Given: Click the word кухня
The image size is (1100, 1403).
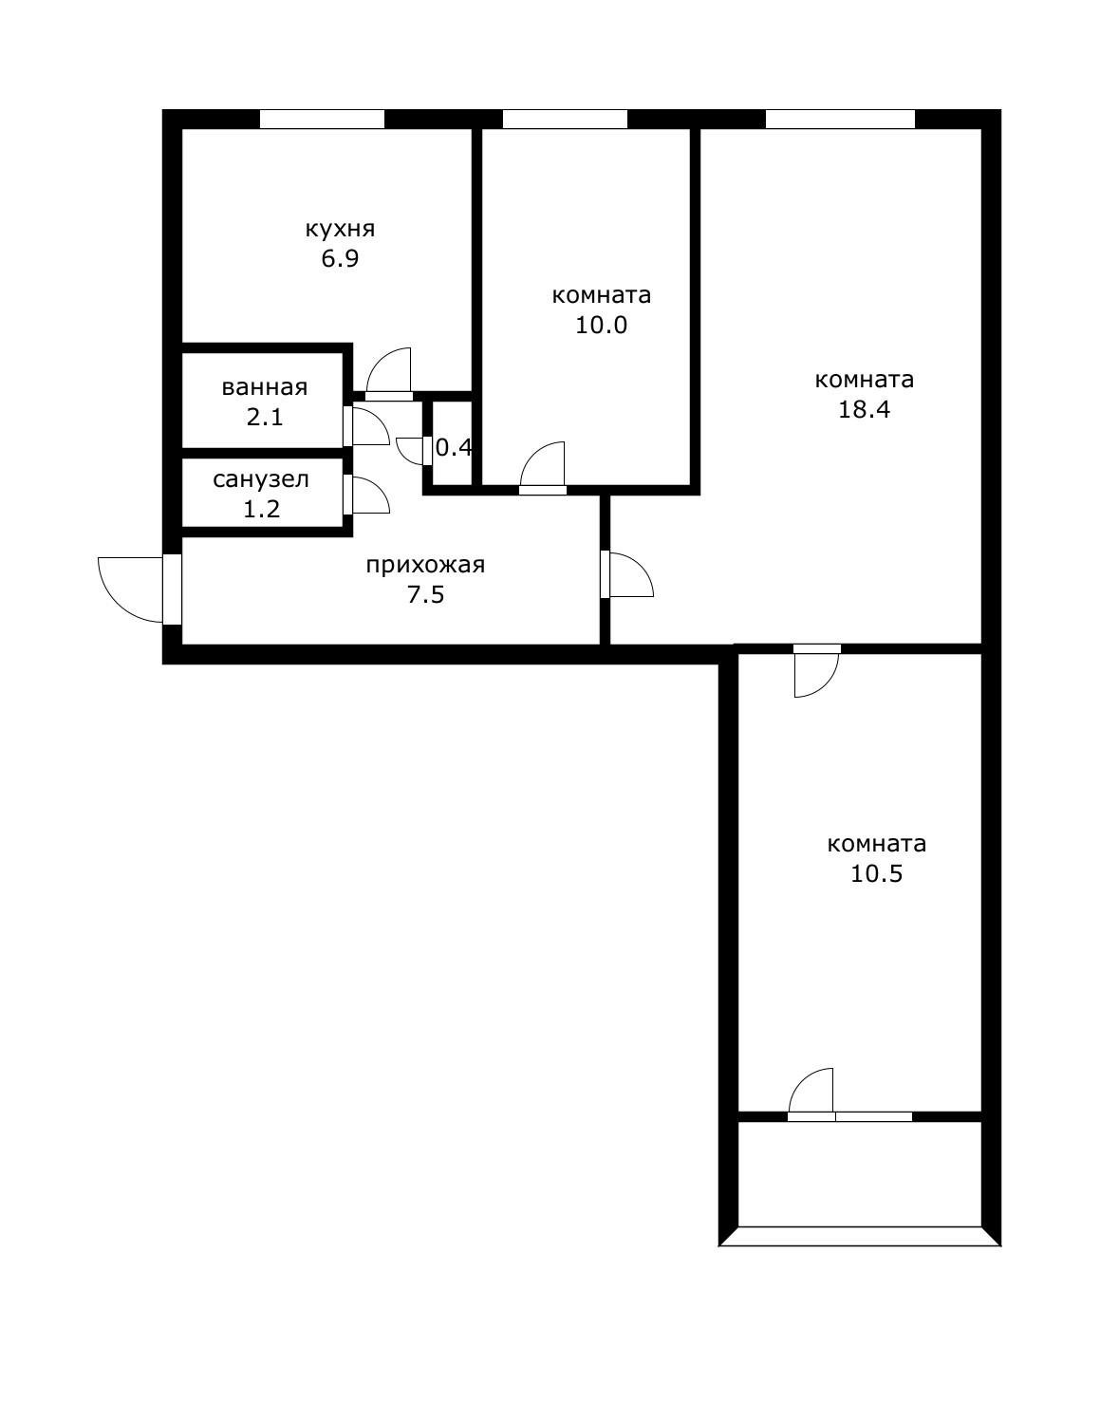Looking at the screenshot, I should pyautogui.click(x=340, y=229).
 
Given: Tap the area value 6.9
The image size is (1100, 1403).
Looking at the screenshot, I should pyautogui.click(x=340, y=259).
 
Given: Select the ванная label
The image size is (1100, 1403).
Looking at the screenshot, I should pyautogui.click(x=264, y=387).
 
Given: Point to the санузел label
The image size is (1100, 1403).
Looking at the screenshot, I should pyautogui.click(x=261, y=479).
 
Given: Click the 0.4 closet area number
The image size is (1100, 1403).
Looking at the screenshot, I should pyautogui.click(x=454, y=447).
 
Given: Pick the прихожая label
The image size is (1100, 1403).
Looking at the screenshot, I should pyautogui.click(x=425, y=566).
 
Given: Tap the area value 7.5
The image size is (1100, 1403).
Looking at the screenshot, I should pyautogui.click(x=425, y=596).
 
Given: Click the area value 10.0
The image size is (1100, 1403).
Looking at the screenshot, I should pyautogui.click(x=602, y=326).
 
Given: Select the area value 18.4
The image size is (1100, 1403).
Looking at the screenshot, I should pyautogui.click(x=864, y=410).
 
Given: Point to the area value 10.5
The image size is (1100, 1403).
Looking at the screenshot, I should pyautogui.click(x=876, y=874).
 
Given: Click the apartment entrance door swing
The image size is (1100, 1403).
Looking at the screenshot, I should pyautogui.click(x=133, y=589).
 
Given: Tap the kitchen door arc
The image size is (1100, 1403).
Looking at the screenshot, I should pyautogui.click(x=389, y=370).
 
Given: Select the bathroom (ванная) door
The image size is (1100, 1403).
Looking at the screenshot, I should pyautogui.click(x=368, y=426).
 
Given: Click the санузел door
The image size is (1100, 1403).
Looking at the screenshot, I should pyautogui.click(x=368, y=495).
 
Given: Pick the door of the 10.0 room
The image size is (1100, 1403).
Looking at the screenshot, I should pyautogui.click(x=543, y=465).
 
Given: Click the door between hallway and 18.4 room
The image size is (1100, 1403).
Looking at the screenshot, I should pyautogui.click(x=629, y=574).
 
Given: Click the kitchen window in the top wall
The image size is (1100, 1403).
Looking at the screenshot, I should pyautogui.click(x=323, y=119).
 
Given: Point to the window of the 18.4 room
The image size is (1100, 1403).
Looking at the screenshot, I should pyautogui.click(x=840, y=119).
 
